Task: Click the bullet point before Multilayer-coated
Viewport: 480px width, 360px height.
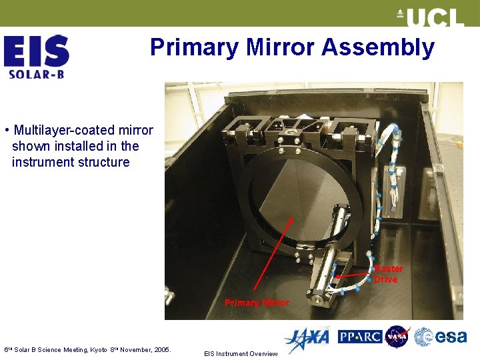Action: pos(6,129)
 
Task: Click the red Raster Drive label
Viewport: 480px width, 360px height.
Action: pos(389,274)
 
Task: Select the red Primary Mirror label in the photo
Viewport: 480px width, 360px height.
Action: pos(257,303)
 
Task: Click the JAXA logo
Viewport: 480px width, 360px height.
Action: pos(307,339)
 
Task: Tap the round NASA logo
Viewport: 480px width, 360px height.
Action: pos(397,337)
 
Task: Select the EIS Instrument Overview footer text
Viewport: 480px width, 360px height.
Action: pos(240,354)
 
